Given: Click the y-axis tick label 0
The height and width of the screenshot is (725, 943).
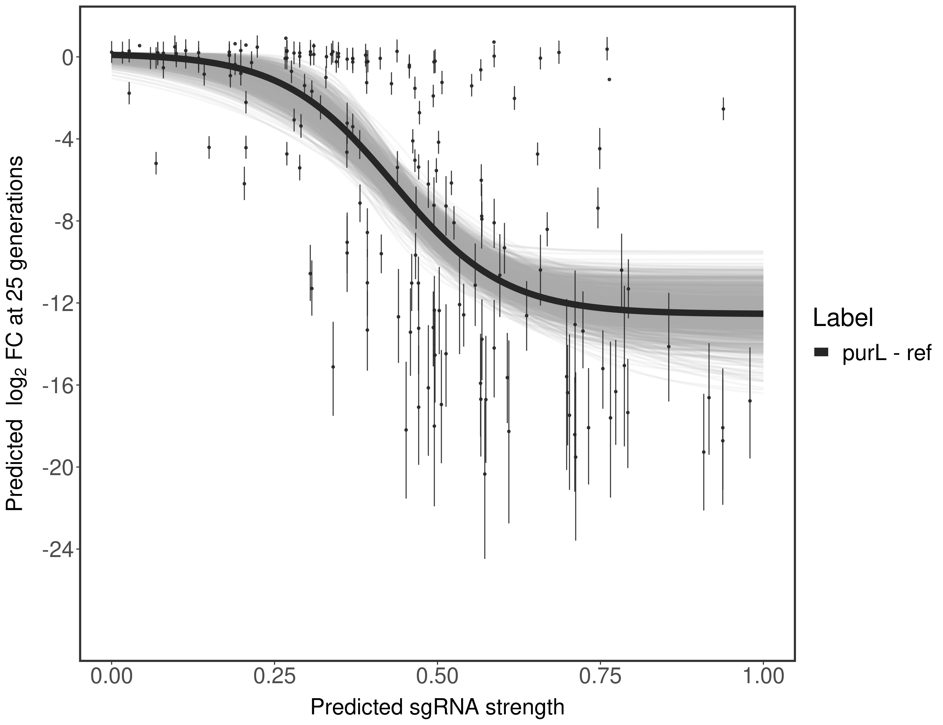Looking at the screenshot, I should pos(67,58).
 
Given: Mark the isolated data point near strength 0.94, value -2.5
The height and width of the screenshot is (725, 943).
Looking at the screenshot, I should pos(723,109).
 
